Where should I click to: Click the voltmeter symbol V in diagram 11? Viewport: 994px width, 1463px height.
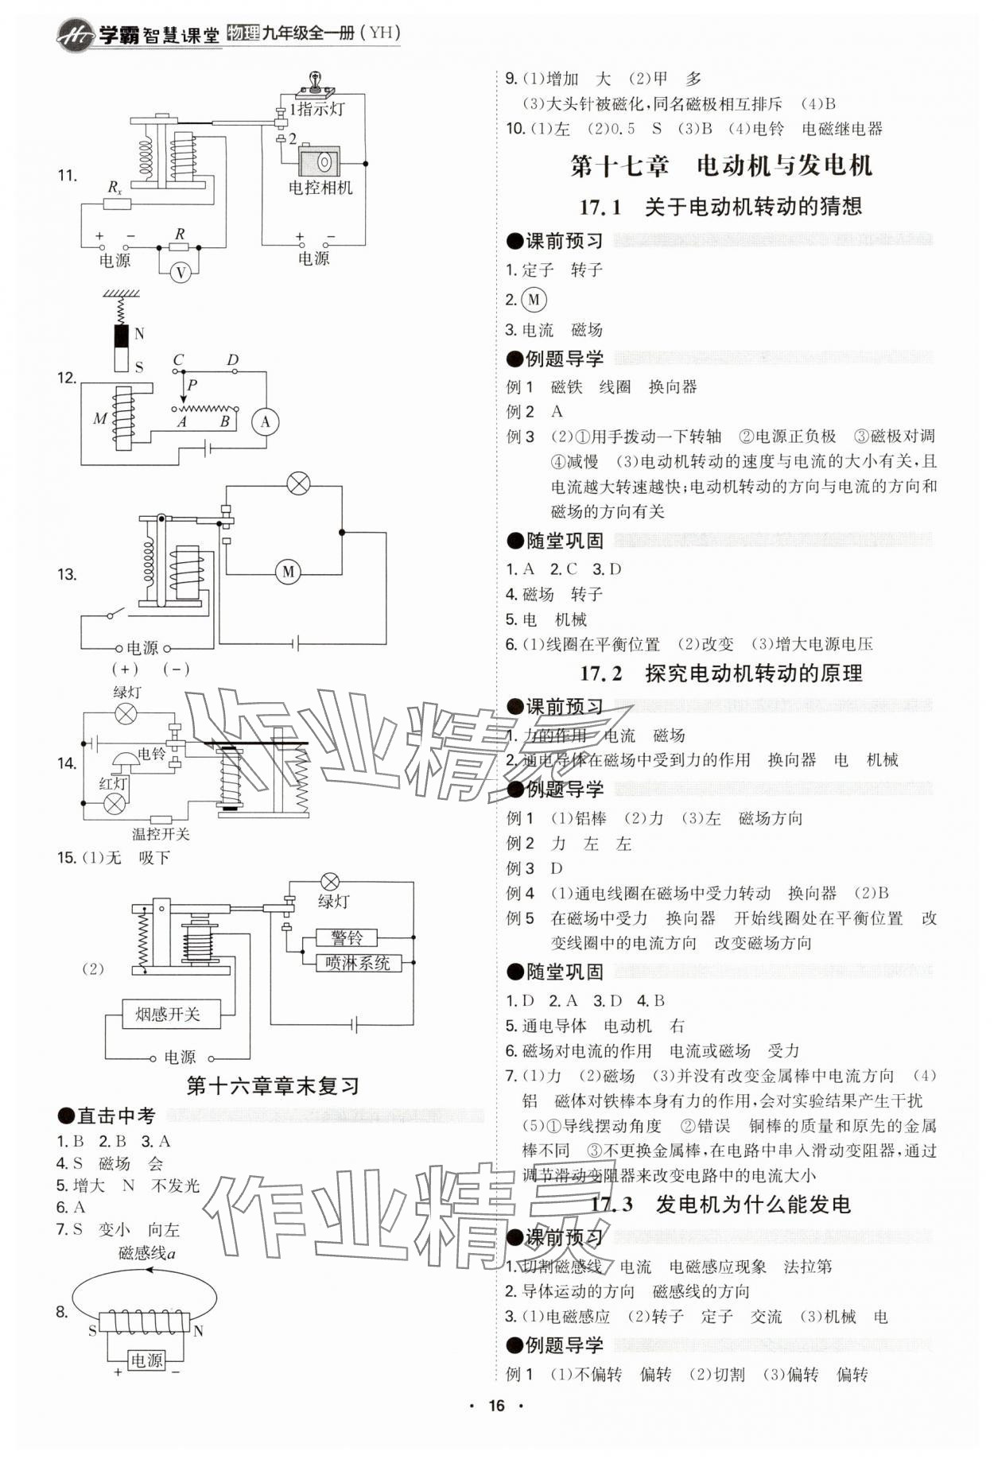coord(181,273)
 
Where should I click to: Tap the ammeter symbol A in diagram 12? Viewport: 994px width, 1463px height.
coord(266,422)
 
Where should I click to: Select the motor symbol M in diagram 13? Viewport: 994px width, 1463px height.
coord(288,571)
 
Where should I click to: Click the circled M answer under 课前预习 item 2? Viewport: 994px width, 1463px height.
coord(534,300)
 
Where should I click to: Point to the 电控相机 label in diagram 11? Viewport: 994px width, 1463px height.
coord(320,188)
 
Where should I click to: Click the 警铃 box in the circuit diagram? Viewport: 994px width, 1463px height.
coord(348,937)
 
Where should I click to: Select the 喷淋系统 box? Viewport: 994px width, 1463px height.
coord(358,963)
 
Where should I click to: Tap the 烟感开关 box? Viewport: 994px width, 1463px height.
coord(167,1014)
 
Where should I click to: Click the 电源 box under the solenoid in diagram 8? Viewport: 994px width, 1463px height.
coord(146,1360)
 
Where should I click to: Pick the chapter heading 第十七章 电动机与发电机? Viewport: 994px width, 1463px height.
coord(721,165)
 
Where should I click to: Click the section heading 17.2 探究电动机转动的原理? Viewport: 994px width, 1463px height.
coord(721,673)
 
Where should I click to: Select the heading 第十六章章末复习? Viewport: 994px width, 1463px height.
coord(273,1085)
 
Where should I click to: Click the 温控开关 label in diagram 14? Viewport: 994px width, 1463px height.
coord(161,833)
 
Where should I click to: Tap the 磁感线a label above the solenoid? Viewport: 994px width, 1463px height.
coord(146,1253)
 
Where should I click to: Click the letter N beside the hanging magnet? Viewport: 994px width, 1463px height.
coord(139,334)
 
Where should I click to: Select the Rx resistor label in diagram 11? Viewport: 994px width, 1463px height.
coord(115,188)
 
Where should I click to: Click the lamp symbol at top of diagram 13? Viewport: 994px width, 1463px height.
coord(298,483)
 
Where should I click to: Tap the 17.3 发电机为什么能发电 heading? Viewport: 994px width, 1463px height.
coord(721,1205)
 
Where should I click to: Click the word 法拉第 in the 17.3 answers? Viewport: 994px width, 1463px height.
coord(808,1267)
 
